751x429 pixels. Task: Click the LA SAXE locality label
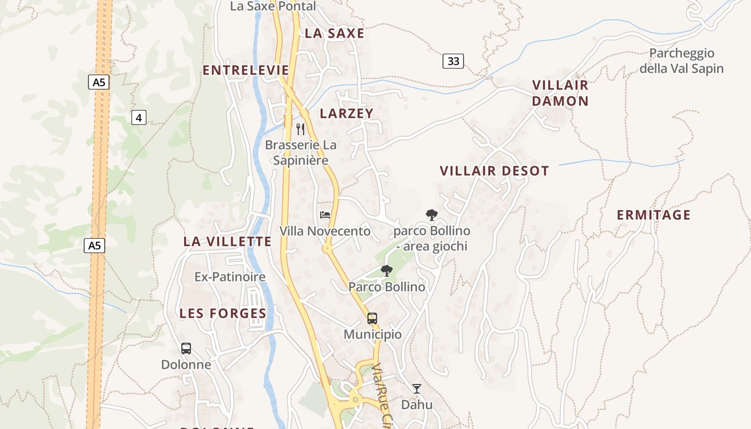coord(334,33)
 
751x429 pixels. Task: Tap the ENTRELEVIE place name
coord(246,70)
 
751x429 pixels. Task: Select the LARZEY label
coord(347,113)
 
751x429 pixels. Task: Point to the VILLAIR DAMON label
coord(560,93)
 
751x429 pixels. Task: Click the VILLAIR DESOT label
coord(495,171)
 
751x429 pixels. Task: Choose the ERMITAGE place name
coord(653,215)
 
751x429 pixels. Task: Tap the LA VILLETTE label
coord(227,241)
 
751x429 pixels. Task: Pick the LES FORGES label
coord(223,313)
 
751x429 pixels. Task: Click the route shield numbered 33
coord(453,61)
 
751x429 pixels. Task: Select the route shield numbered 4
coord(139,117)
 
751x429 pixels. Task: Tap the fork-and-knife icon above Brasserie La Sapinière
coord(300,129)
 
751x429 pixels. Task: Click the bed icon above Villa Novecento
coord(325,215)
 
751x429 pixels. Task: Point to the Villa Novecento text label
coord(325,231)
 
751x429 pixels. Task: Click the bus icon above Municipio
coord(372,318)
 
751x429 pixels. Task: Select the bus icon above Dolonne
coord(186,349)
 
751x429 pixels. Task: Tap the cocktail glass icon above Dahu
coord(417,388)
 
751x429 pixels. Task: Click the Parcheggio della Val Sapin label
coord(682,61)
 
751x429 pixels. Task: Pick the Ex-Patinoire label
coord(230,277)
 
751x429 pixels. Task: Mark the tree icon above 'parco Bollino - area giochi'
coord(431,215)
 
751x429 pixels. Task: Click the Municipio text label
coord(372,334)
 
